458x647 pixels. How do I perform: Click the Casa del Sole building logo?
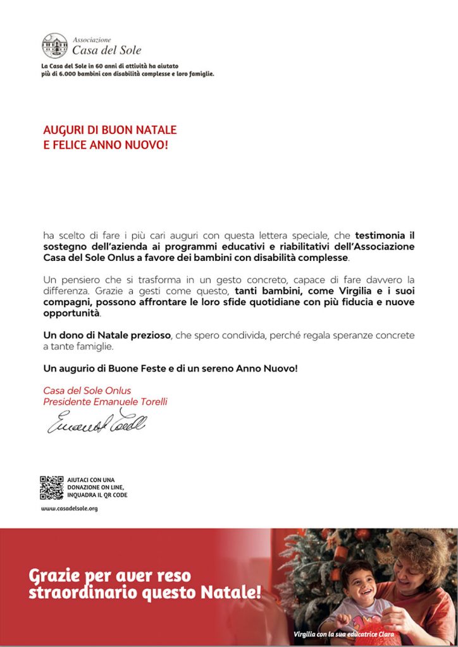(x=54, y=45)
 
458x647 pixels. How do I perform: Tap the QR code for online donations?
(x=52, y=487)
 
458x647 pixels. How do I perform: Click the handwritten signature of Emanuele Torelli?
(x=96, y=422)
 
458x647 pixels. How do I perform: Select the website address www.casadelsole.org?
(x=69, y=508)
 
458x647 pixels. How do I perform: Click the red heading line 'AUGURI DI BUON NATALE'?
(x=109, y=130)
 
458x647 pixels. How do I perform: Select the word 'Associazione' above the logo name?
(x=92, y=39)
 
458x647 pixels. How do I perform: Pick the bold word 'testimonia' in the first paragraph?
(x=377, y=236)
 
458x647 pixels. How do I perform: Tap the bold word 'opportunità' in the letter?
(x=71, y=313)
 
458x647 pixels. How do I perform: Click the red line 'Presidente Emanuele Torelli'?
(x=105, y=402)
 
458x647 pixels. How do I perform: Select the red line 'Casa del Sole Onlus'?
(x=87, y=391)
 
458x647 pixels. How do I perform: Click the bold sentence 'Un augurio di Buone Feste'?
(x=170, y=368)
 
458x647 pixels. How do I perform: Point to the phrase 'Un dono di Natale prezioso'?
(x=106, y=335)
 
